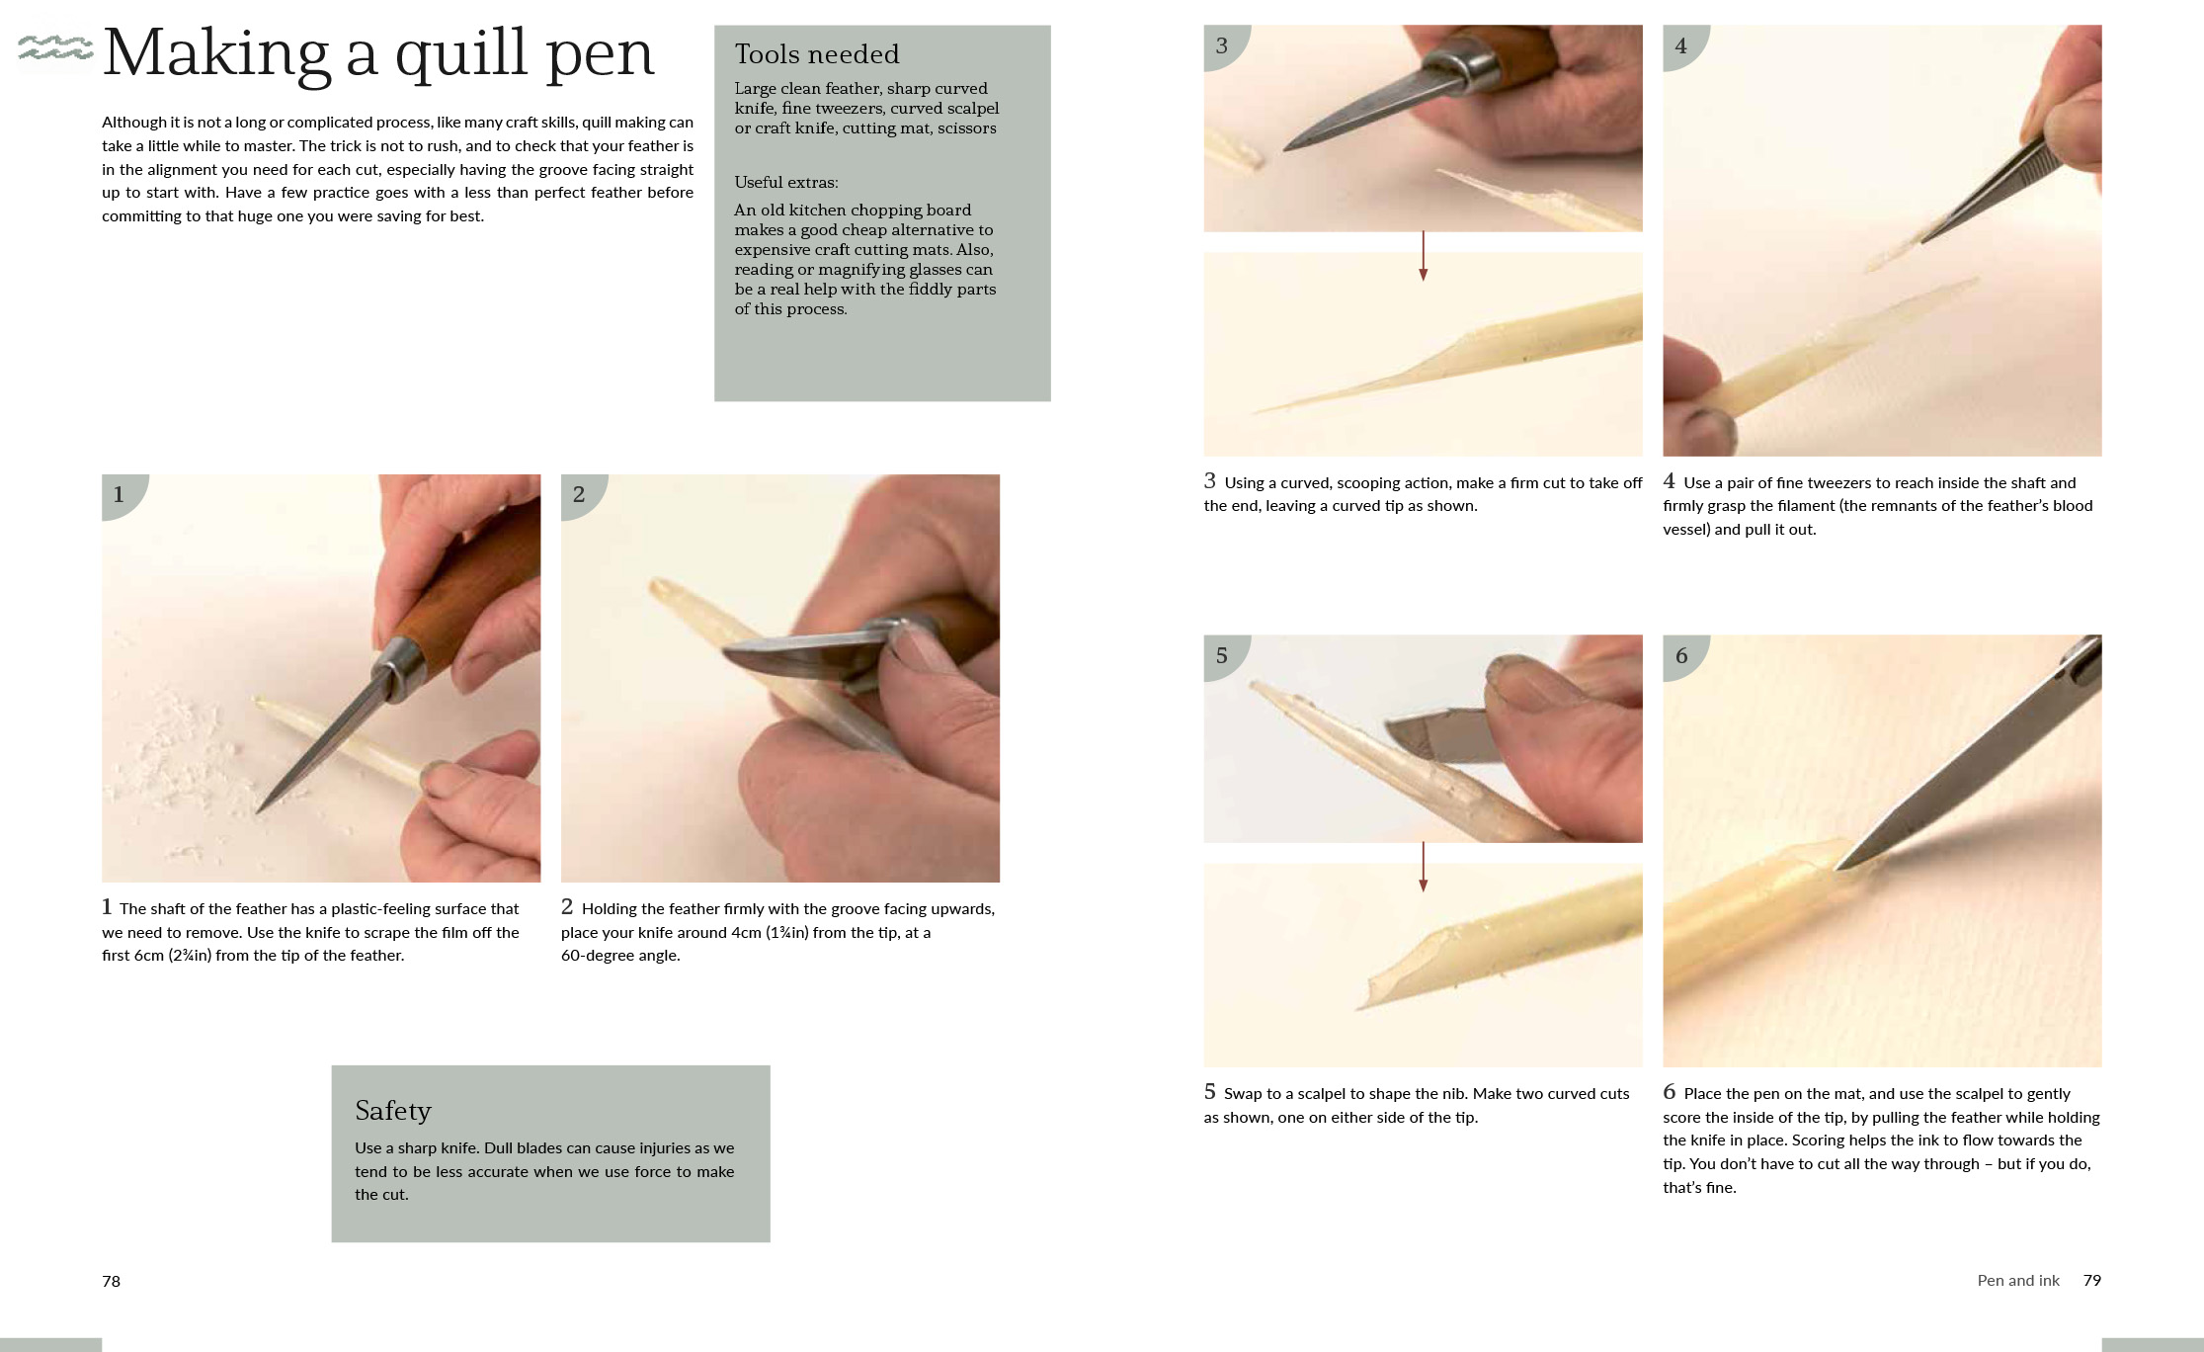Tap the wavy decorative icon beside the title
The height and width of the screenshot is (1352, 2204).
tap(55, 47)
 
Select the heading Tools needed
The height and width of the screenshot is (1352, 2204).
tap(817, 54)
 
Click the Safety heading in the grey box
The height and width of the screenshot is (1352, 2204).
tap(393, 1112)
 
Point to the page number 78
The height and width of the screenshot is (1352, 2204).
tap(111, 1281)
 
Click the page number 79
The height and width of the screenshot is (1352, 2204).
tap(2092, 1280)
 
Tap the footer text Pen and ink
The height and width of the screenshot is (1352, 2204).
tap(2018, 1280)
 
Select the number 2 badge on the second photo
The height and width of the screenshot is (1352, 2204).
tap(581, 495)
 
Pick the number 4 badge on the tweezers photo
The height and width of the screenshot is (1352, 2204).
tap(1682, 46)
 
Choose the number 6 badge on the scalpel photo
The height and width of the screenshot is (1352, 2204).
tap(1682, 656)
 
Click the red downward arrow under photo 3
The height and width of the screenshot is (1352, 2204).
tap(1423, 256)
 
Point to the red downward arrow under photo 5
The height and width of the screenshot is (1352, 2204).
tap(1423, 867)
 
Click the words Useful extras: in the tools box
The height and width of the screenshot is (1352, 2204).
tap(786, 182)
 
